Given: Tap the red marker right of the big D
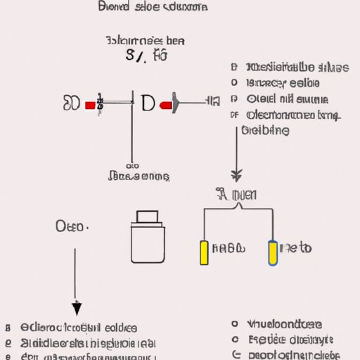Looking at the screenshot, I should point(166,105).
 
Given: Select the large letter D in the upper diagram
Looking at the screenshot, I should point(149,103).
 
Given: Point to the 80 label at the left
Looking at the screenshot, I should point(71,104).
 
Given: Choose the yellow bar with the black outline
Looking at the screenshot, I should point(205,253).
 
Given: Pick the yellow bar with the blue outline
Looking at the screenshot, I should point(273,253).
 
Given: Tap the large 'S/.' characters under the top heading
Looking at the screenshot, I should point(138,56).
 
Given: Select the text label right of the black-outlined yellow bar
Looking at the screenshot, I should point(229,248).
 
